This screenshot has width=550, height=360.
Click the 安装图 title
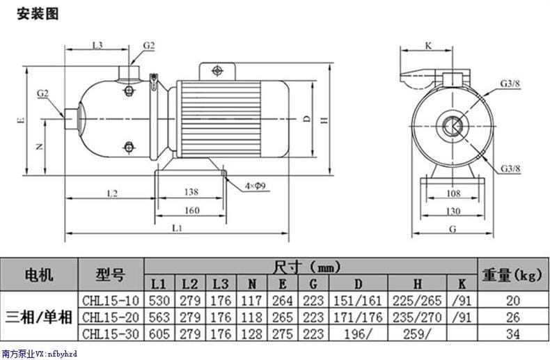[x=38, y=14]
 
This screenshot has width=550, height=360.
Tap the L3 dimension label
[x=97, y=45]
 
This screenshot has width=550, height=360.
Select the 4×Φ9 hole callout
[x=256, y=186]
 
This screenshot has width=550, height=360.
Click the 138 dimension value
[x=191, y=192]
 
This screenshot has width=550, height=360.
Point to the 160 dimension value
[x=192, y=210]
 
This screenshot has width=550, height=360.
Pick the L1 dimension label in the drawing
[x=178, y=228]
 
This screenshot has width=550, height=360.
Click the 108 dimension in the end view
[x=453, y=194]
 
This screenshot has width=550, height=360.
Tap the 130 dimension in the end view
[x=453, y=211]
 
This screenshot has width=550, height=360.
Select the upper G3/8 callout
[x=510, y=84]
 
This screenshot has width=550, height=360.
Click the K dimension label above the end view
[x=428, y=46]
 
